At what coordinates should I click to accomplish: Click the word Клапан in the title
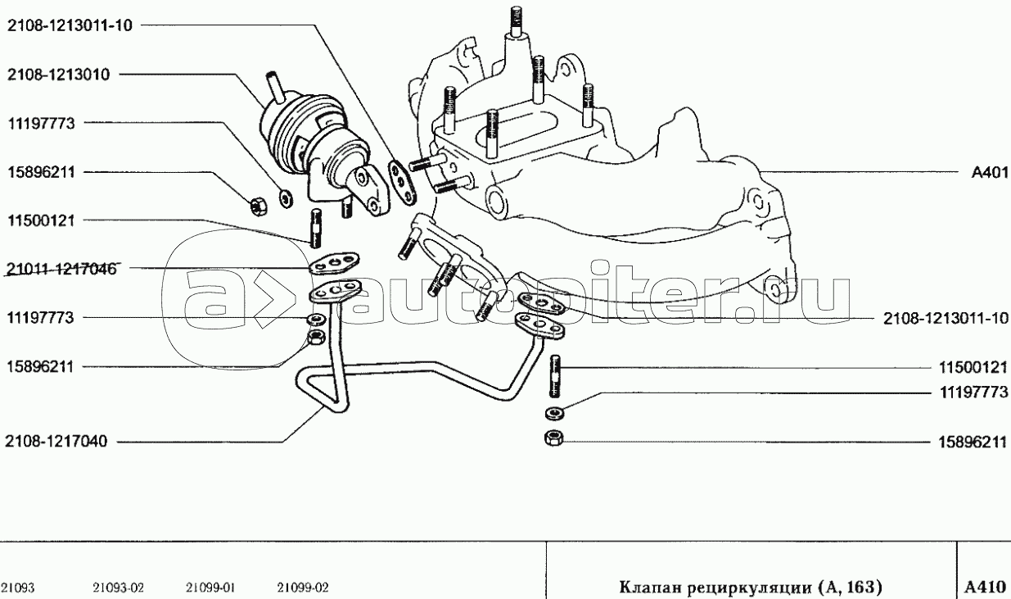tap(643, 587)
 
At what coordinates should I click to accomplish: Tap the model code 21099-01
tap(211, 588)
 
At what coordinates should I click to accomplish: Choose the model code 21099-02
tap(303, 588)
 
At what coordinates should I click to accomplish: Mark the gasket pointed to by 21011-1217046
tap(334, 264)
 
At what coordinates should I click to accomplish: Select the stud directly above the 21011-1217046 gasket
tap(314, 229)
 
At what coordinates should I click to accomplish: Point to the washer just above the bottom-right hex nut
tap(554, 412)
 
